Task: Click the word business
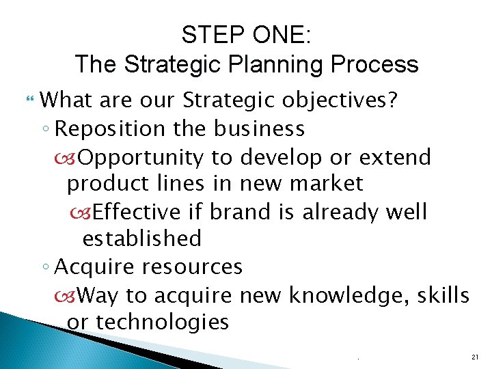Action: point(259,128)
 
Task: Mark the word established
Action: point(142,238)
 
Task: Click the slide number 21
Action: point(475,357)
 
